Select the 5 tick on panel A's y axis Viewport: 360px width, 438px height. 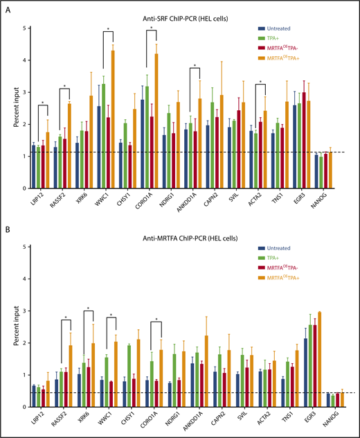click(x=26, y=28)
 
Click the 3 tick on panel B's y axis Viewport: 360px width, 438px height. click(x=26, y=311)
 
